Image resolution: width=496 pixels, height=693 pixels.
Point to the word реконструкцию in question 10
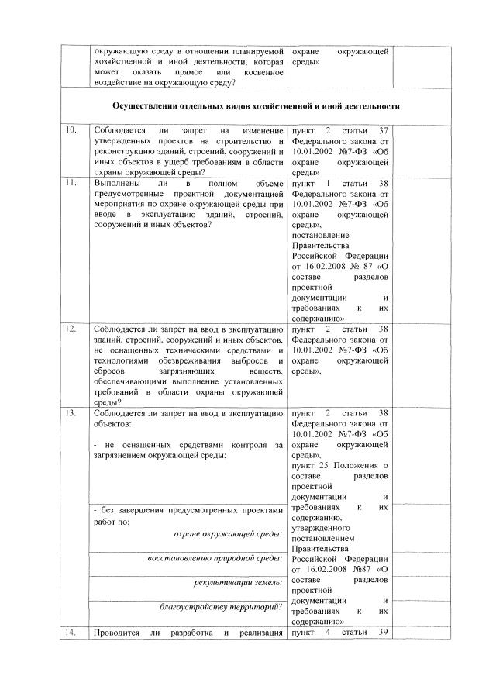click(122, 151)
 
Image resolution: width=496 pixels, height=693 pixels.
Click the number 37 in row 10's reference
click(380, 129)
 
